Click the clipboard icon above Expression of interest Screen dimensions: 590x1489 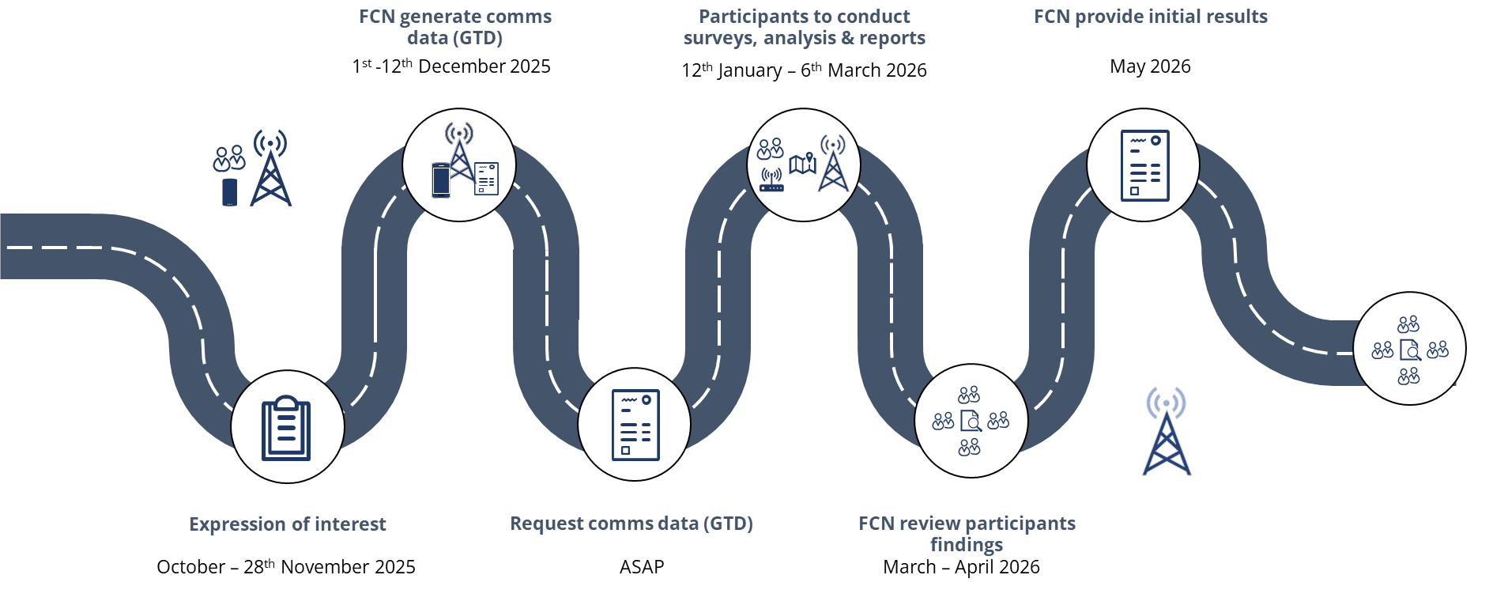coord(286,428)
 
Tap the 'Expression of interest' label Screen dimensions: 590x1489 coord(287,524)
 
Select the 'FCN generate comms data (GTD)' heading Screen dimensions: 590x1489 coord(454,27)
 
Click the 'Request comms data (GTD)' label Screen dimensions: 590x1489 coord(631,524)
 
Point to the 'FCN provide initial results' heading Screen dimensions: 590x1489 coord(1150,17)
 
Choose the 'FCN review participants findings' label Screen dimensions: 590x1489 coord(966,534)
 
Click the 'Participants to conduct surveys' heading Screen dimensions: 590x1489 coord(804,27)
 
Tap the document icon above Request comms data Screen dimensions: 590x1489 coord(635,425)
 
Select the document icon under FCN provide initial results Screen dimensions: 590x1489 coord(1144,165)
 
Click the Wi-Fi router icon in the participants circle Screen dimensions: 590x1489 coord(771,180)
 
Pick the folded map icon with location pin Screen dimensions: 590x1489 coord(802,163)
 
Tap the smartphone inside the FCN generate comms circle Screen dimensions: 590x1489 coord(440,180)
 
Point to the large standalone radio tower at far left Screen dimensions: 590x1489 coord(270,168)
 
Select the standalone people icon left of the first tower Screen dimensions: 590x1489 coord(228,158)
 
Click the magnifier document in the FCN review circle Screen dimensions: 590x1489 coord(970,421)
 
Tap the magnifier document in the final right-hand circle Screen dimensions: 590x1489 coord(1409,350)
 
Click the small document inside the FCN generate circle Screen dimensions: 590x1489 coord(486,178)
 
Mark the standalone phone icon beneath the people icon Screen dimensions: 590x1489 coord(229,192)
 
